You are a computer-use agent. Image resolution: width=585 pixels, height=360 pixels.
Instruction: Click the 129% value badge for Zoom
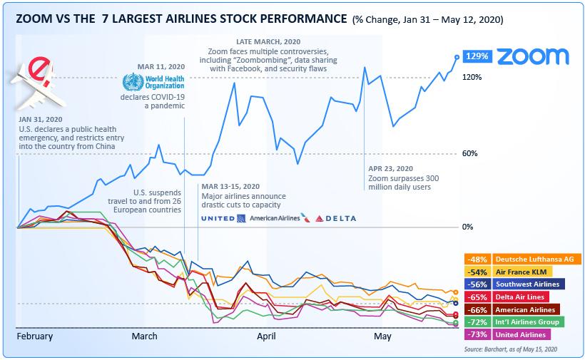(x=476, y=56)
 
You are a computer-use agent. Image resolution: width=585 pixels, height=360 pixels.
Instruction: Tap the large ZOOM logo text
(x=532, y=56)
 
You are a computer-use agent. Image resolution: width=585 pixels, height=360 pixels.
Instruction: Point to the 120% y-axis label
(x=472, y=77)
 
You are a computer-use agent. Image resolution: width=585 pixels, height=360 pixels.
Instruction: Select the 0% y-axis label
(x=468, y=227)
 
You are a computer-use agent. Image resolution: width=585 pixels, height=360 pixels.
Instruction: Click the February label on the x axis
(x=34, y=336)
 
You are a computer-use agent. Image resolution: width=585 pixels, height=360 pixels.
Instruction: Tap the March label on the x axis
(x=145, y=336)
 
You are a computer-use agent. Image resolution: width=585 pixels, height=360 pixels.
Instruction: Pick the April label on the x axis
(x=266, y=336)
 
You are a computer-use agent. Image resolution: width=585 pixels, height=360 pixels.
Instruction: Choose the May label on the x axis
(x=382, y=336)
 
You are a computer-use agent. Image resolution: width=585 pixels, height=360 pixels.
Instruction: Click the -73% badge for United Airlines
(x=476, y=334)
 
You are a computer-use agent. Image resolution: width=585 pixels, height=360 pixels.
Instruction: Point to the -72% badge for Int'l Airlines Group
(x=476, y=322)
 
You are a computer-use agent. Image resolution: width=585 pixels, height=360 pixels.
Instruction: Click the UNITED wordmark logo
(x=218, y=218)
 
